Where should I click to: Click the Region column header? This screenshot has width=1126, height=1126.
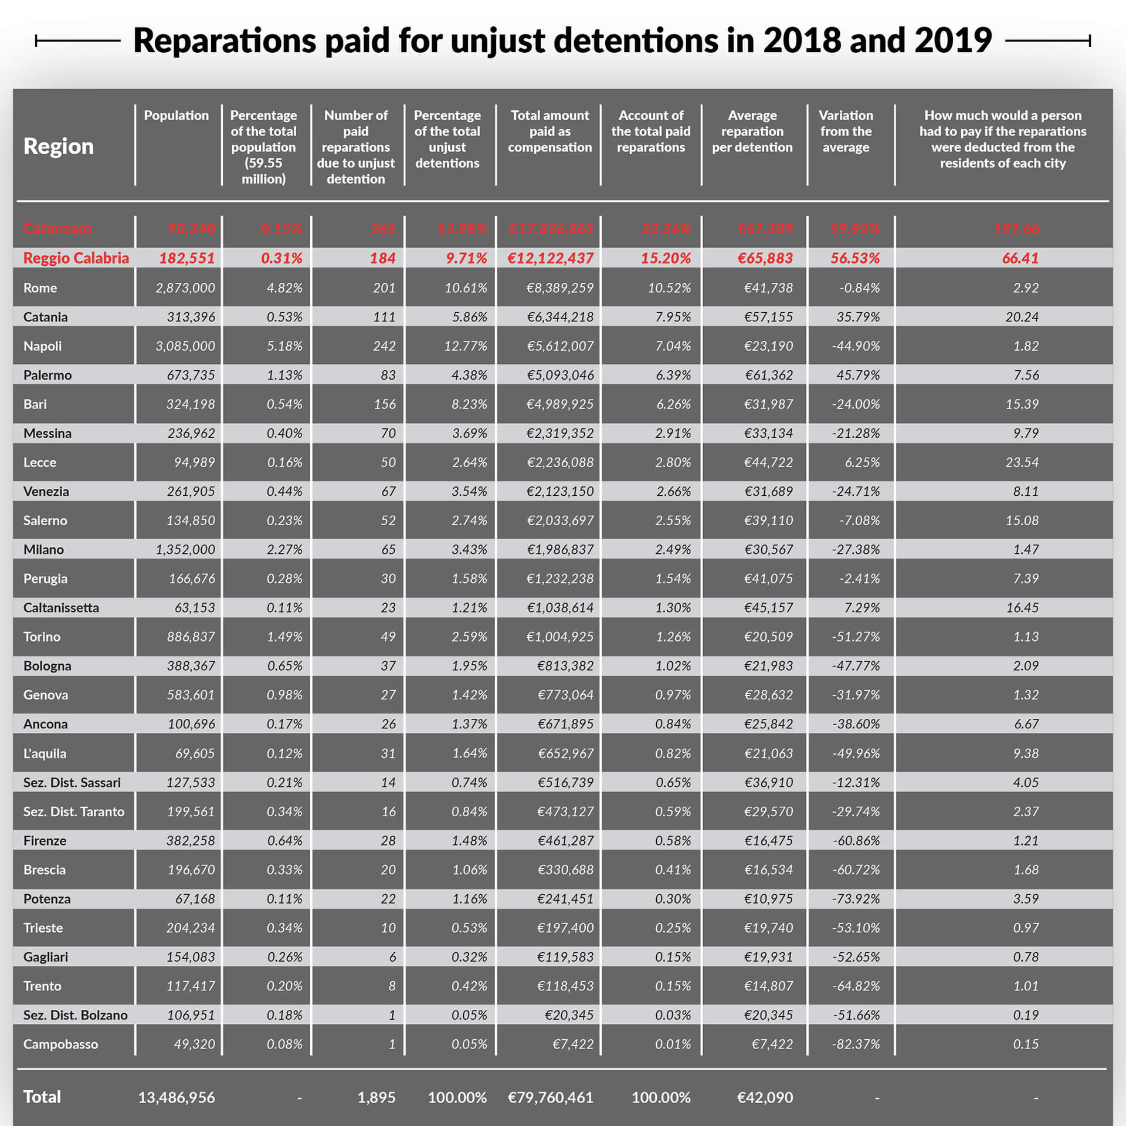[59, 146]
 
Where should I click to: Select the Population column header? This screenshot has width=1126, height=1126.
[176, 116]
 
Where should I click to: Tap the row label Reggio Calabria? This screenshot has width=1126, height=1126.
[76, 258]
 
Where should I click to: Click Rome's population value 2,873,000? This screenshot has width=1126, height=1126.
[185, 288]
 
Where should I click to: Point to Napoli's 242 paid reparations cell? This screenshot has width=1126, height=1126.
[384, 346]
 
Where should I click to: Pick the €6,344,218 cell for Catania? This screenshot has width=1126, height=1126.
[559, 317]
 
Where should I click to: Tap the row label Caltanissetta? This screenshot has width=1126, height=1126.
[61, 608]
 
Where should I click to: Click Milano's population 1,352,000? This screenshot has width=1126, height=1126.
[185, 550]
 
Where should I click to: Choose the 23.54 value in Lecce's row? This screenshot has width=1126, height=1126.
[1022, 462]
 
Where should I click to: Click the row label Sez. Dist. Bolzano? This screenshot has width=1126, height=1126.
[75, 1015]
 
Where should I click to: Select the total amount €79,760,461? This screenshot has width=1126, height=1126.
[550, 1097]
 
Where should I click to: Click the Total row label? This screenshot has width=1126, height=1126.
[42, 1097]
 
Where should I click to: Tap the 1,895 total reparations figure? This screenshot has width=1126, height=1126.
[376, 1097]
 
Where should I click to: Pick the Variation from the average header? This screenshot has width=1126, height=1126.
[845, 131]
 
